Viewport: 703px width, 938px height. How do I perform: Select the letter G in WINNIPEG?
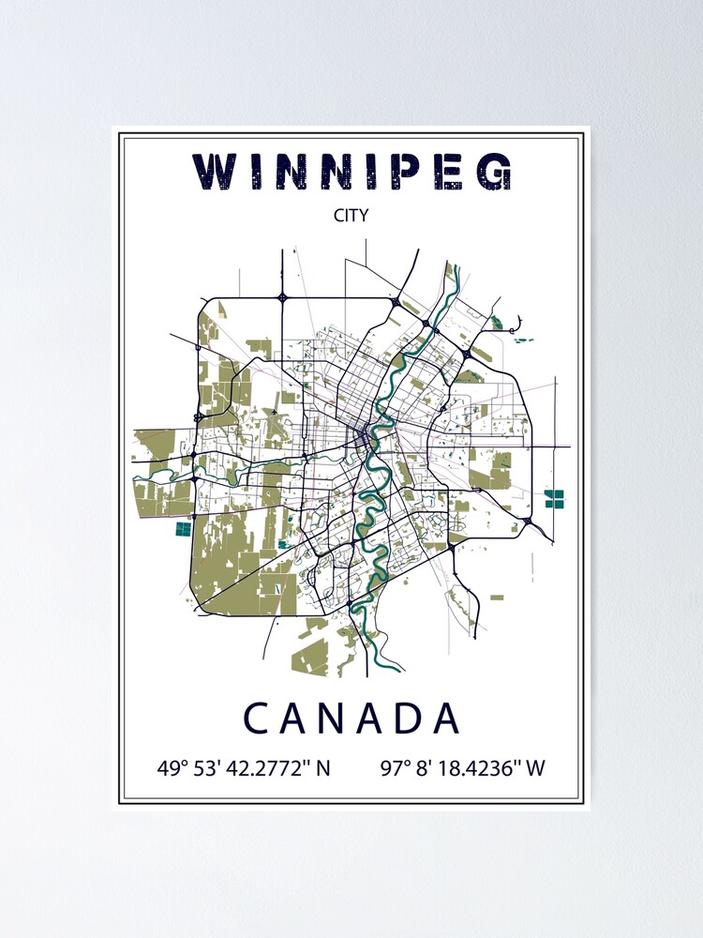494,173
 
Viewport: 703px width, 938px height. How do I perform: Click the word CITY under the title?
351,215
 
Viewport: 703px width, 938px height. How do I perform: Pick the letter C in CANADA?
256,719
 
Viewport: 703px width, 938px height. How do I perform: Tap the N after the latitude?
323,768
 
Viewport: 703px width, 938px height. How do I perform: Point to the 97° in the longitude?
396,768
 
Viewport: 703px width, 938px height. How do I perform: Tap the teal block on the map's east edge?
556,497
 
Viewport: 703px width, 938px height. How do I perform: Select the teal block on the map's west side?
183,529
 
